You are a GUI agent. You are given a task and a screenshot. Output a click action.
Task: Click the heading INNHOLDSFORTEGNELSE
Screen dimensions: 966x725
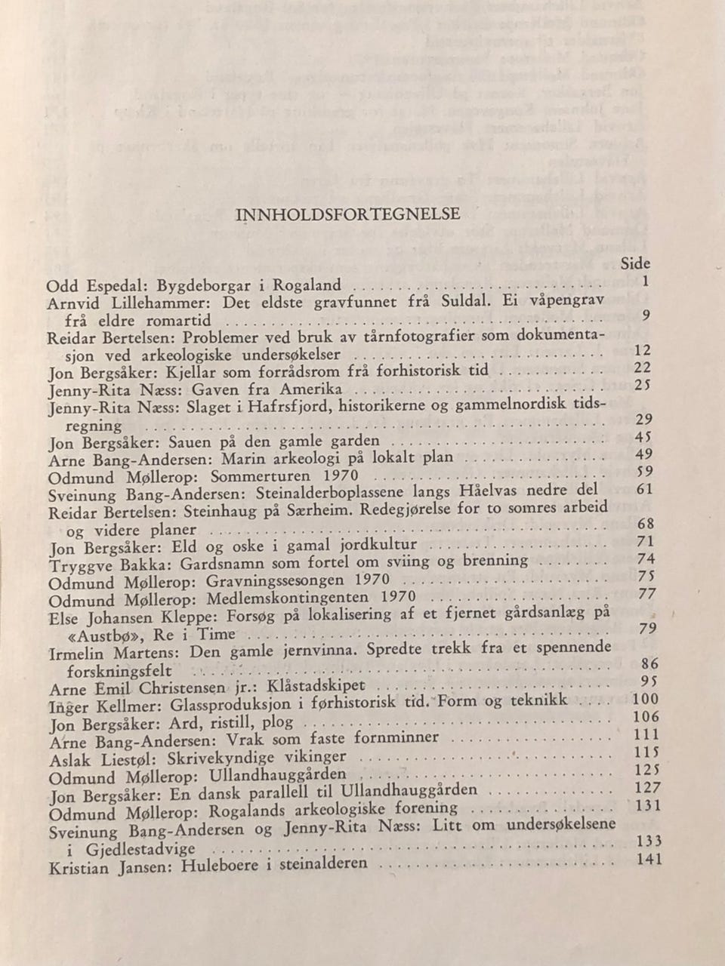[348, 214]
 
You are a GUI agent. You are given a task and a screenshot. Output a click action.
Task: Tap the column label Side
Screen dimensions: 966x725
[634, 263]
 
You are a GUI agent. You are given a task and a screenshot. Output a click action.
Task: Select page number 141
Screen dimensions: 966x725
[649, 859]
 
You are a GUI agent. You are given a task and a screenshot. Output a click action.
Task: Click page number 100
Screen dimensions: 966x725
[644, 700]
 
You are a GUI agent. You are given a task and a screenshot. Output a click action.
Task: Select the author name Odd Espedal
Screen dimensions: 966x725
[90, 287]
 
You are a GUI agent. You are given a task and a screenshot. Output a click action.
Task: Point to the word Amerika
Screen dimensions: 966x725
[311, 389]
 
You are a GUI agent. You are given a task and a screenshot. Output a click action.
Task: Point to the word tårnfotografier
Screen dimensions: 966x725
[377, 337]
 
